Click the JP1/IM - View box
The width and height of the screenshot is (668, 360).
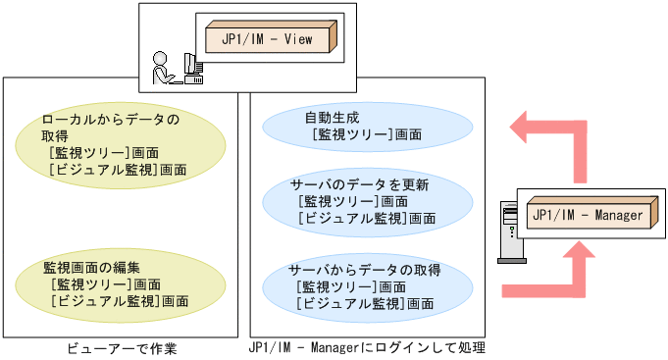click(269, 38)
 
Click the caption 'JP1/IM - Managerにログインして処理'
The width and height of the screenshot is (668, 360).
click(367, 347)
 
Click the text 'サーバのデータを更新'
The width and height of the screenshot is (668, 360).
click(359, 184)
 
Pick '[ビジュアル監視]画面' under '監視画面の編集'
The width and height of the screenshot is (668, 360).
click(121, 300)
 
